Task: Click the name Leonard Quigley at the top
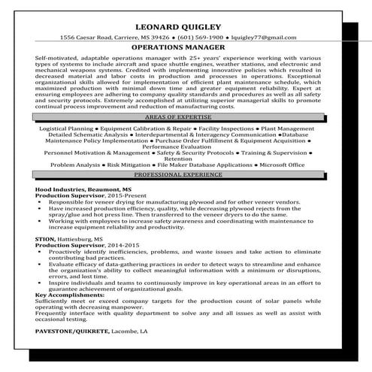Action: coord(186,29)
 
